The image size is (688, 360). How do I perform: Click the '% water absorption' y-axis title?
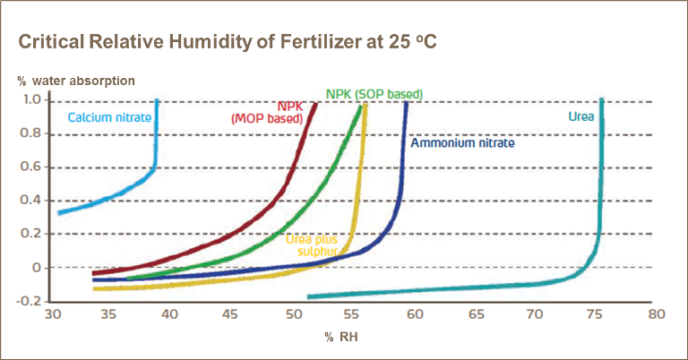click(76, 81)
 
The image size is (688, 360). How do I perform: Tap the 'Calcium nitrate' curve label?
click(108, 116)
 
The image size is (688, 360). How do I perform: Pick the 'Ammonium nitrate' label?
click(462, 142)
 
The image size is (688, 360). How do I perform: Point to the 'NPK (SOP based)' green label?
click(374, 94)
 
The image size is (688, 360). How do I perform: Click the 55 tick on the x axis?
click(355, 315)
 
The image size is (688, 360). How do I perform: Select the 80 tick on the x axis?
click(658, 315)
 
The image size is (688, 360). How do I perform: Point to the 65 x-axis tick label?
click(476, 315)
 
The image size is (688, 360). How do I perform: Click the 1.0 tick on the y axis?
click(31, 99)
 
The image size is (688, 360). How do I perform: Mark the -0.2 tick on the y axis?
click(30, 301)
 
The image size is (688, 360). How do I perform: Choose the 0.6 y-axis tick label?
click(31, 167)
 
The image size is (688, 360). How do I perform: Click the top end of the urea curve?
click(601, 100)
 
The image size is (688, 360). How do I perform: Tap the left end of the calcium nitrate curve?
click(59, 213)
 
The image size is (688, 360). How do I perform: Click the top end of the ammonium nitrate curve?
click(407, 102)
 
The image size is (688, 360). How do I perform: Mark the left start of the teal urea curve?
click(308, 296)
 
